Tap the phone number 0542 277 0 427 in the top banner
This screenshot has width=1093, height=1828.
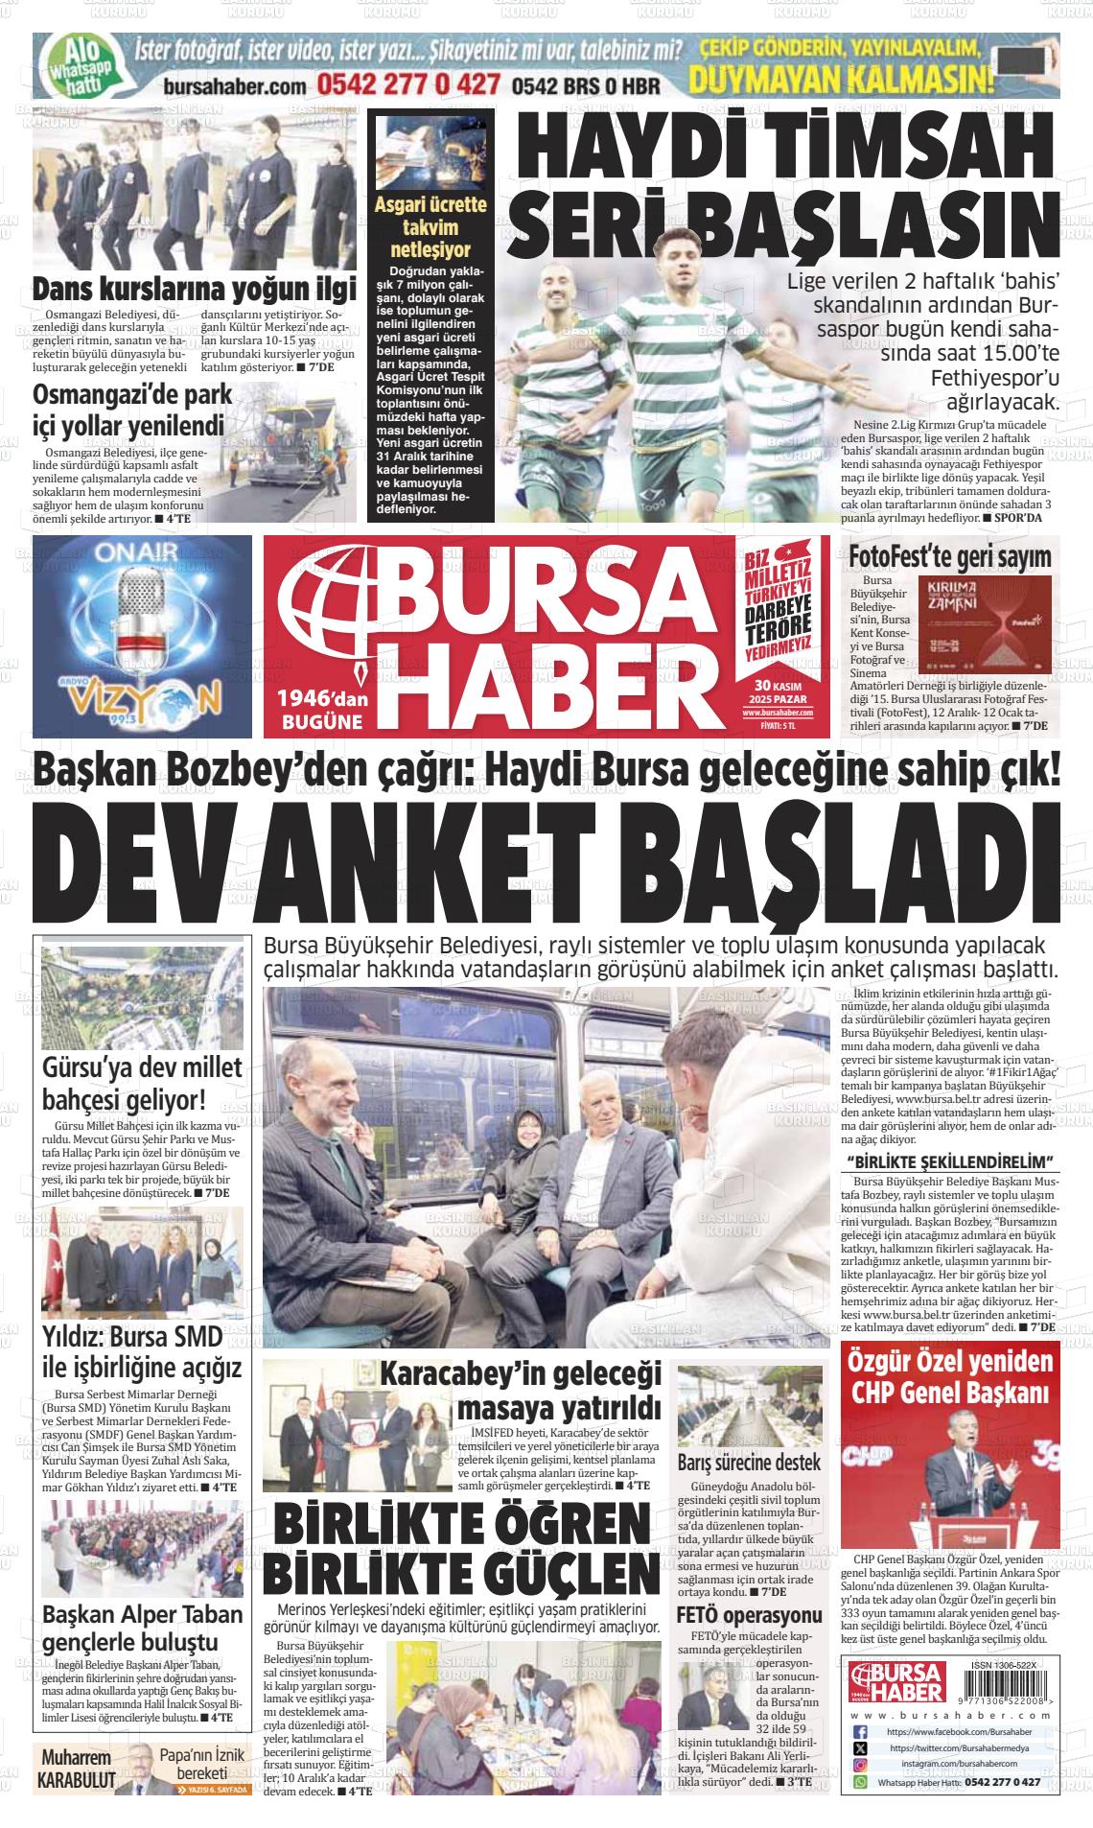pyautogui.click(x=410, y=84)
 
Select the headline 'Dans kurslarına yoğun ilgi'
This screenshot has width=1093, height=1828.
pyautogui.click(x=194, y=289)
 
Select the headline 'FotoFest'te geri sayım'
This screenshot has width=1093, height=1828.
pyautogui.click(x=949, y=556)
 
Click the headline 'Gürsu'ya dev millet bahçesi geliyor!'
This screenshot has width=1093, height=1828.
pyautogui.click(x=141, y=1084)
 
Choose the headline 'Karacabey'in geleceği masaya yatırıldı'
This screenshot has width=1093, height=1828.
pyautogui.click(x=521, y=1391)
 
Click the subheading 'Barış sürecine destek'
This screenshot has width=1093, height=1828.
pyautogui.click(x=748, y=1464)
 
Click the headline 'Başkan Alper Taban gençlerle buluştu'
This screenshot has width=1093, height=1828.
pyautogui.click(x=142, y=1628)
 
